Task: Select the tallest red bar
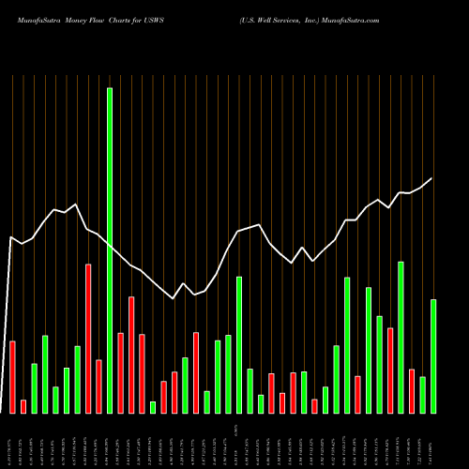(88, 339)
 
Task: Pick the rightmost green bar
(433, 356)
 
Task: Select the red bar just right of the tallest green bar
(120, 373)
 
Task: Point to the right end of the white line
(432, 178)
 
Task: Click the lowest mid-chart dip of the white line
(174, 298)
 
